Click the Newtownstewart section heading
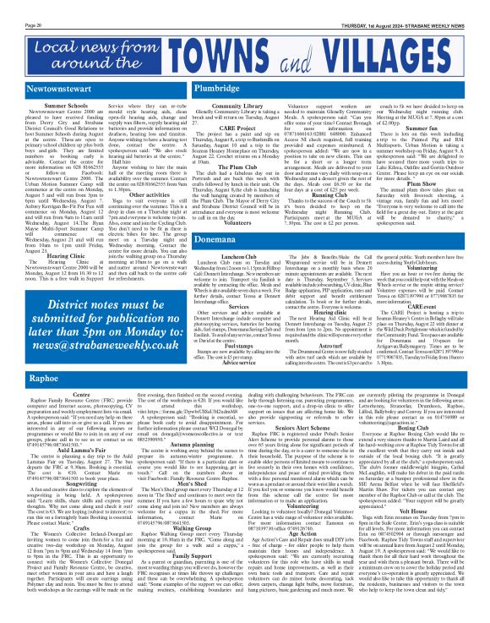(52, 88)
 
